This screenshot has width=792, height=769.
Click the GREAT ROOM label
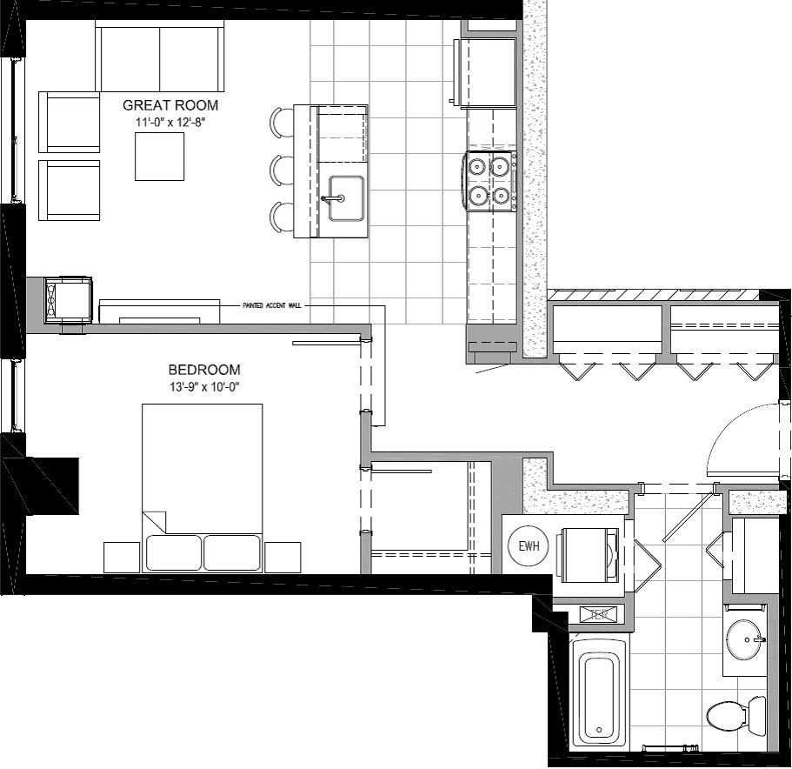coord(170,105)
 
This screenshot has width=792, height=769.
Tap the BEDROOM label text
coord(205,369)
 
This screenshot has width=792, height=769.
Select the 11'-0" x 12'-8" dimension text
coord(170,122)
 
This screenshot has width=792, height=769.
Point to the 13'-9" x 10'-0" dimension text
coord(205,385)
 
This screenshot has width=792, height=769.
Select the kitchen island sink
coord(344,197)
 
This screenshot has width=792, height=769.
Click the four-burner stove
coord(489,182)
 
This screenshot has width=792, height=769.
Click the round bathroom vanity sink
coord(745,640)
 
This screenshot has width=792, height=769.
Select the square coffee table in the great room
coord(159,157)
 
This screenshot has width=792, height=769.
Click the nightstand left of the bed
coord(121,557)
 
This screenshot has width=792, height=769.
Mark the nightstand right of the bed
coord(283,557)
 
